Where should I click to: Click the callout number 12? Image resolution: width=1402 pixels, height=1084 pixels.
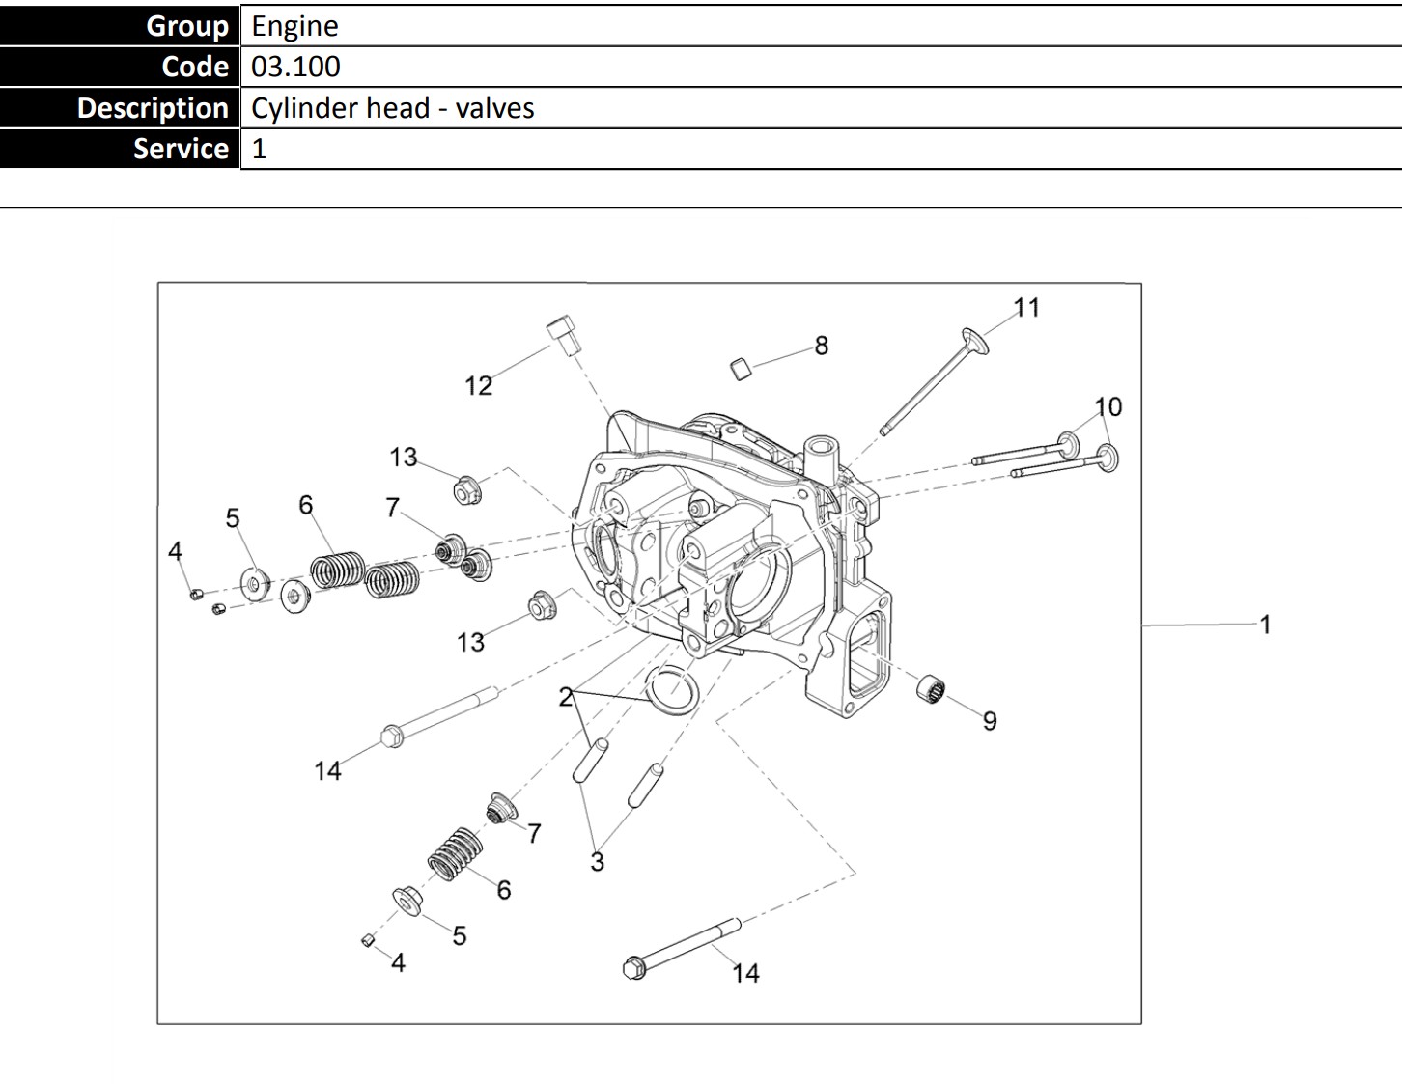click(x=478, y=386)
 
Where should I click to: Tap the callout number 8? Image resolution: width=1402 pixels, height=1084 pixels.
click(x=821, y=346)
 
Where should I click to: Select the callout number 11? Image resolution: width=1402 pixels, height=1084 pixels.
click(x=1026, y=308)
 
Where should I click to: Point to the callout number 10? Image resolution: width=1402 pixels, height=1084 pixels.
click(x=1108, y=406)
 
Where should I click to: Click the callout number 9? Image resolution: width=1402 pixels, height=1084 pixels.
click(x=990, y=721)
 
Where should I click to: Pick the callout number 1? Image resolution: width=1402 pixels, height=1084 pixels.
click(x=1265, y=625)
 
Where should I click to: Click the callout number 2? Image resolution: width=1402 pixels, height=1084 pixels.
click(x=566, y=697)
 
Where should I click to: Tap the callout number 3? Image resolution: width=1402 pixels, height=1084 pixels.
click(x=597, y=861)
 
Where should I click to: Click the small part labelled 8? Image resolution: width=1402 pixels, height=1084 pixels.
click(x=741, y=368)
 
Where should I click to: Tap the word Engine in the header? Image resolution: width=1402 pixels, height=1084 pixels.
click(x=294, y=26)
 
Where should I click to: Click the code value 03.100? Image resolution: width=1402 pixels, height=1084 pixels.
click(x=295, y=67)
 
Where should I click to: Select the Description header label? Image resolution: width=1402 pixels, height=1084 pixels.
click(x=153, y=108)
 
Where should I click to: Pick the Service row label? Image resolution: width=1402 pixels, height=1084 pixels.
click(x=181, y=149)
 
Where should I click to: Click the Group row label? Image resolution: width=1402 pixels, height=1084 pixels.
click(x=186, y=26)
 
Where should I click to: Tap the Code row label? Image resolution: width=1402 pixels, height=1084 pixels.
click(x=195, y=67)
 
